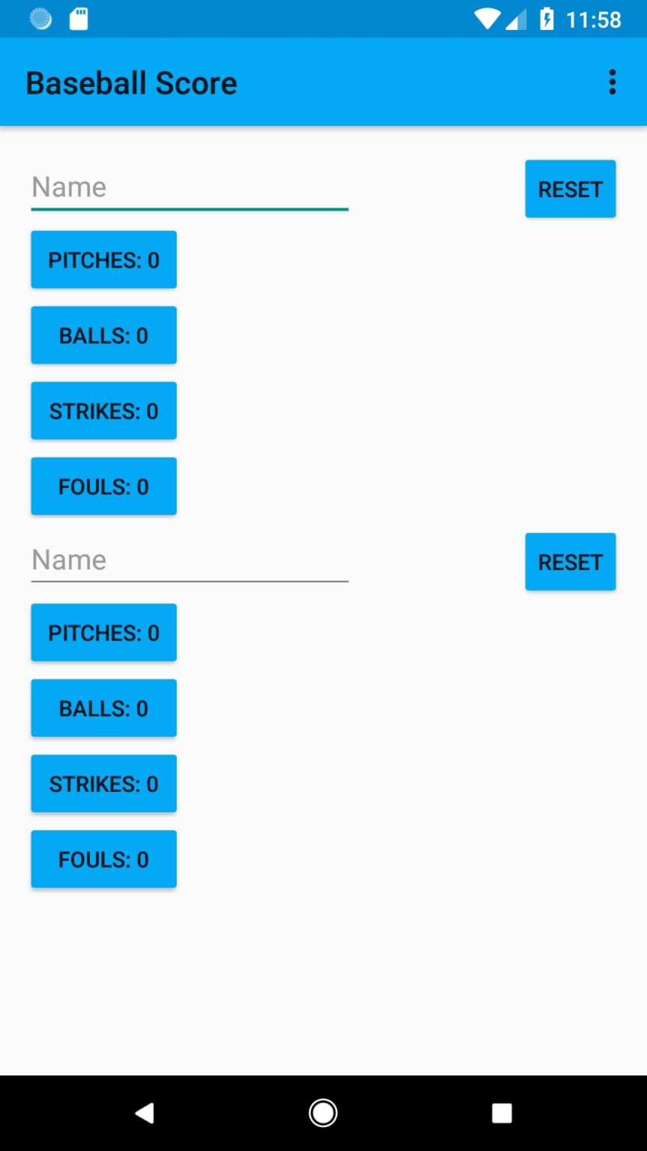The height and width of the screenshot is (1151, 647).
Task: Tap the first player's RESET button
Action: pos(570,189)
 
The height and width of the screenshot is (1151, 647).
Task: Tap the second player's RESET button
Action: pos(570,562)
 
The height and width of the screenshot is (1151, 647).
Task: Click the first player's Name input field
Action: pos(189,187)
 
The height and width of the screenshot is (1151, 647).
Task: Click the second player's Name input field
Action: pos(189,561)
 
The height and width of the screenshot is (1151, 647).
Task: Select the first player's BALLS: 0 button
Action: pos(103,335)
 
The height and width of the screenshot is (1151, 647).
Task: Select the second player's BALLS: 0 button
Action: pos(103,708)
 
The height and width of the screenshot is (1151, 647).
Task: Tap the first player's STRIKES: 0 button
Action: pos(103,411)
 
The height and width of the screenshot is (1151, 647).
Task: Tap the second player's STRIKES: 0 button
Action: pos(103,784)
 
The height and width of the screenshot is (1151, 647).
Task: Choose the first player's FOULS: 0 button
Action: pos(103,486)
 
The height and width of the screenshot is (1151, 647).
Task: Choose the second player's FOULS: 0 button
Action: pos(103,860)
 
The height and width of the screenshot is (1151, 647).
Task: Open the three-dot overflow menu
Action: pos(613,82)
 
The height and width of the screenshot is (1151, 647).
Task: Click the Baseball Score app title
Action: pos(131,83)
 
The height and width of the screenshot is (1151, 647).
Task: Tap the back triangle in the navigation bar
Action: pos(145,1114)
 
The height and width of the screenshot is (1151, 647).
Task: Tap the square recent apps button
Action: pos(502,1114)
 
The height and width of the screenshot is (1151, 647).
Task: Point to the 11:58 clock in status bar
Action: pos(593,19)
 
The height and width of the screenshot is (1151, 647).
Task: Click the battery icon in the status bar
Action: pos(547,19)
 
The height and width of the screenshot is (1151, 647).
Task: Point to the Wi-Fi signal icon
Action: pos(487,19)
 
